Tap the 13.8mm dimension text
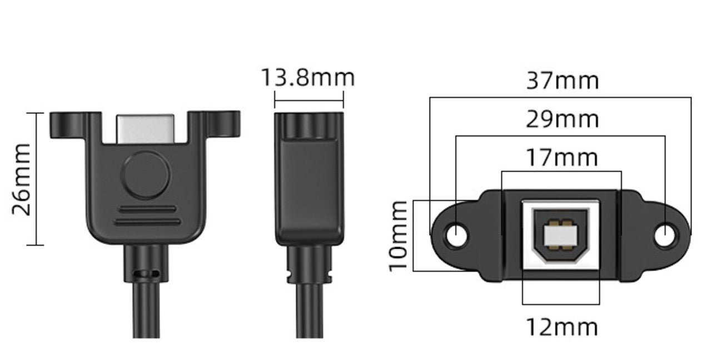tap(307, 78)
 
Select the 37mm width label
tap(562, 81)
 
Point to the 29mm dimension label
tap(562, 119)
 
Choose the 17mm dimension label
tap(562, 158)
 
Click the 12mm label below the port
tap(562, 327)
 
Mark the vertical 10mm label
tap(399, 237)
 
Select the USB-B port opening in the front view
tap(560, 235)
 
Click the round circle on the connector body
tap(146, 176)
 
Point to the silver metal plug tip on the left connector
tap(146, 127)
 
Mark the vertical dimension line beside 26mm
tap(36, 179)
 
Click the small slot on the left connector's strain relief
tap(146, 274)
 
